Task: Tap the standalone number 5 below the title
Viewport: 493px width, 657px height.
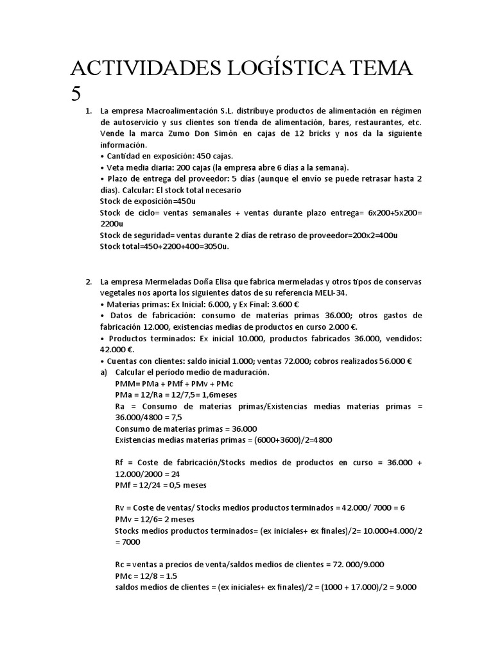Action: coord(76,93)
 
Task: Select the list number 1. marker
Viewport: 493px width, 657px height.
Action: coord(89,112)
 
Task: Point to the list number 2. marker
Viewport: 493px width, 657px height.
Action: coord(89,282)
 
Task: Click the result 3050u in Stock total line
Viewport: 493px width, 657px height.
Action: coord(214,246)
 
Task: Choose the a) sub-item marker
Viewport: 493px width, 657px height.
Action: coord(104,372)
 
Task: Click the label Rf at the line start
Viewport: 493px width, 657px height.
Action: coord(120,463)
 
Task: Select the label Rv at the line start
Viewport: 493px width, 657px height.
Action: coord(121,508)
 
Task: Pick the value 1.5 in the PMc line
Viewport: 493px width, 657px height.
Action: coord(157,576)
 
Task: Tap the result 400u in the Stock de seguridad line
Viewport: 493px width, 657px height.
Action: coord(386,235)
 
